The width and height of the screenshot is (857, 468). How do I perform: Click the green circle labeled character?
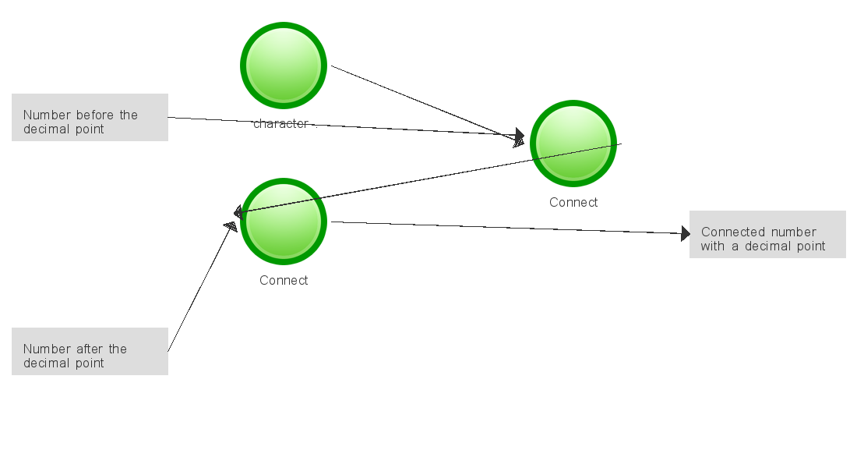click(283, 66)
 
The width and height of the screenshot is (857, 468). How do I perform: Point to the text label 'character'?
click(281, 123)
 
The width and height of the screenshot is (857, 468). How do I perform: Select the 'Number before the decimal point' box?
click(90, 117)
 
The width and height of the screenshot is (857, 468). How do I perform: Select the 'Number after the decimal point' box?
click(90, 351)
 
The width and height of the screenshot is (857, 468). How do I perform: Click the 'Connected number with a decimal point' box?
click(767, 234)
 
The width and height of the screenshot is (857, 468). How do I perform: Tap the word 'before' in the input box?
click(97, 115)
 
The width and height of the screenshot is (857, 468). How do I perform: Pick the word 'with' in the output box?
click(712, 246)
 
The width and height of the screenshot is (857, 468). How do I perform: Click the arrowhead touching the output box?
click(685, 233)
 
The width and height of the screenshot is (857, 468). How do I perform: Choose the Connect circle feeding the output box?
click(283, 222)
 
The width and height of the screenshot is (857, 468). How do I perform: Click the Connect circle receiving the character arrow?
click(573, 144)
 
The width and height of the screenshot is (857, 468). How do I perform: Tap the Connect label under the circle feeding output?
click(284, 280)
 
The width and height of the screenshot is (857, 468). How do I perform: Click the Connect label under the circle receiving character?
click(573, 202)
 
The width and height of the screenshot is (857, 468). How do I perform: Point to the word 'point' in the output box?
click(809, 246)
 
